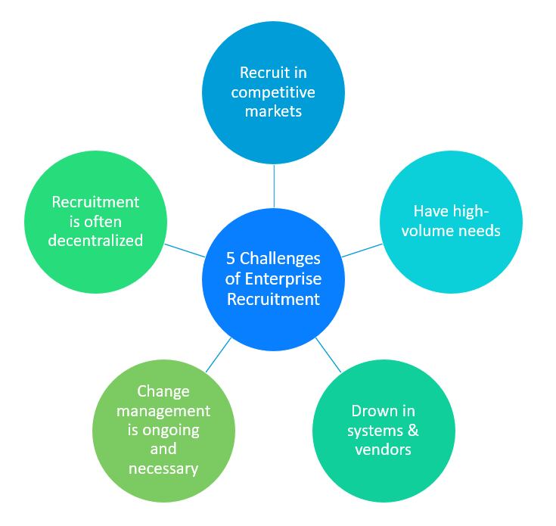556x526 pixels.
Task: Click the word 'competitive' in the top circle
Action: click(273, 92)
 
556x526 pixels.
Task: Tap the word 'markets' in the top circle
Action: click(273, 111)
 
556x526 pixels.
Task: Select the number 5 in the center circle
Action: click(231, 258)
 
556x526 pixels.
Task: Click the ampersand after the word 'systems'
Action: click(412, 430)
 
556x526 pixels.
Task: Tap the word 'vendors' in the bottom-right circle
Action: click(383, 449)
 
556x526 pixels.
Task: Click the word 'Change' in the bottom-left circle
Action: click(163, 391)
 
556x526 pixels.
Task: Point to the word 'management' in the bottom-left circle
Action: click(163, 410)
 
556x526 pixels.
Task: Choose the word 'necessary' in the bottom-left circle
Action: click(163, 468)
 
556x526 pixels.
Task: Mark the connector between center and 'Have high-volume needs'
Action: click(361, 251)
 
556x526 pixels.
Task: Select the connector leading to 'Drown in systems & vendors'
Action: click(328, 353)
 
